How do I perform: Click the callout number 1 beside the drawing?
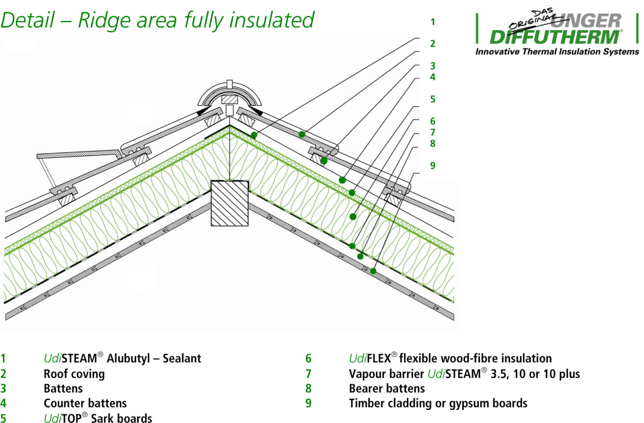pyautogui.click(x=433, y=22)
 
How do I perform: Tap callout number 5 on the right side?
pyautogui.click(x=433, y=99)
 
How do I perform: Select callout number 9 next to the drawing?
pyautogui.click(x=433, y=165)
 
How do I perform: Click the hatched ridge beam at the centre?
pyautogui.click(x=230, y=203)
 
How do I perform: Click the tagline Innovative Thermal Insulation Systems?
pyautogui.click(x=557, y=52)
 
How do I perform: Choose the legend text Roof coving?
pyautogui.click(x=74, y=373)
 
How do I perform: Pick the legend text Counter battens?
pyautogui.click(x=85, y=403)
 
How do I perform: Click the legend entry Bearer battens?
pyautogui.click(x=387, y=388)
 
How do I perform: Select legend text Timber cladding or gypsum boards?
pyautogui.click(x=438, y=403)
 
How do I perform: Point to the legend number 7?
pyautogui.click(x=309, y=374)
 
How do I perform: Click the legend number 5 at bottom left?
pyautogui.click(x=4, y=418)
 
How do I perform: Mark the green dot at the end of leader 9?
pyautogui.click(x=373, y=271)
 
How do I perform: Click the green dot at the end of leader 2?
pyautogui.click(x=303, y=134)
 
